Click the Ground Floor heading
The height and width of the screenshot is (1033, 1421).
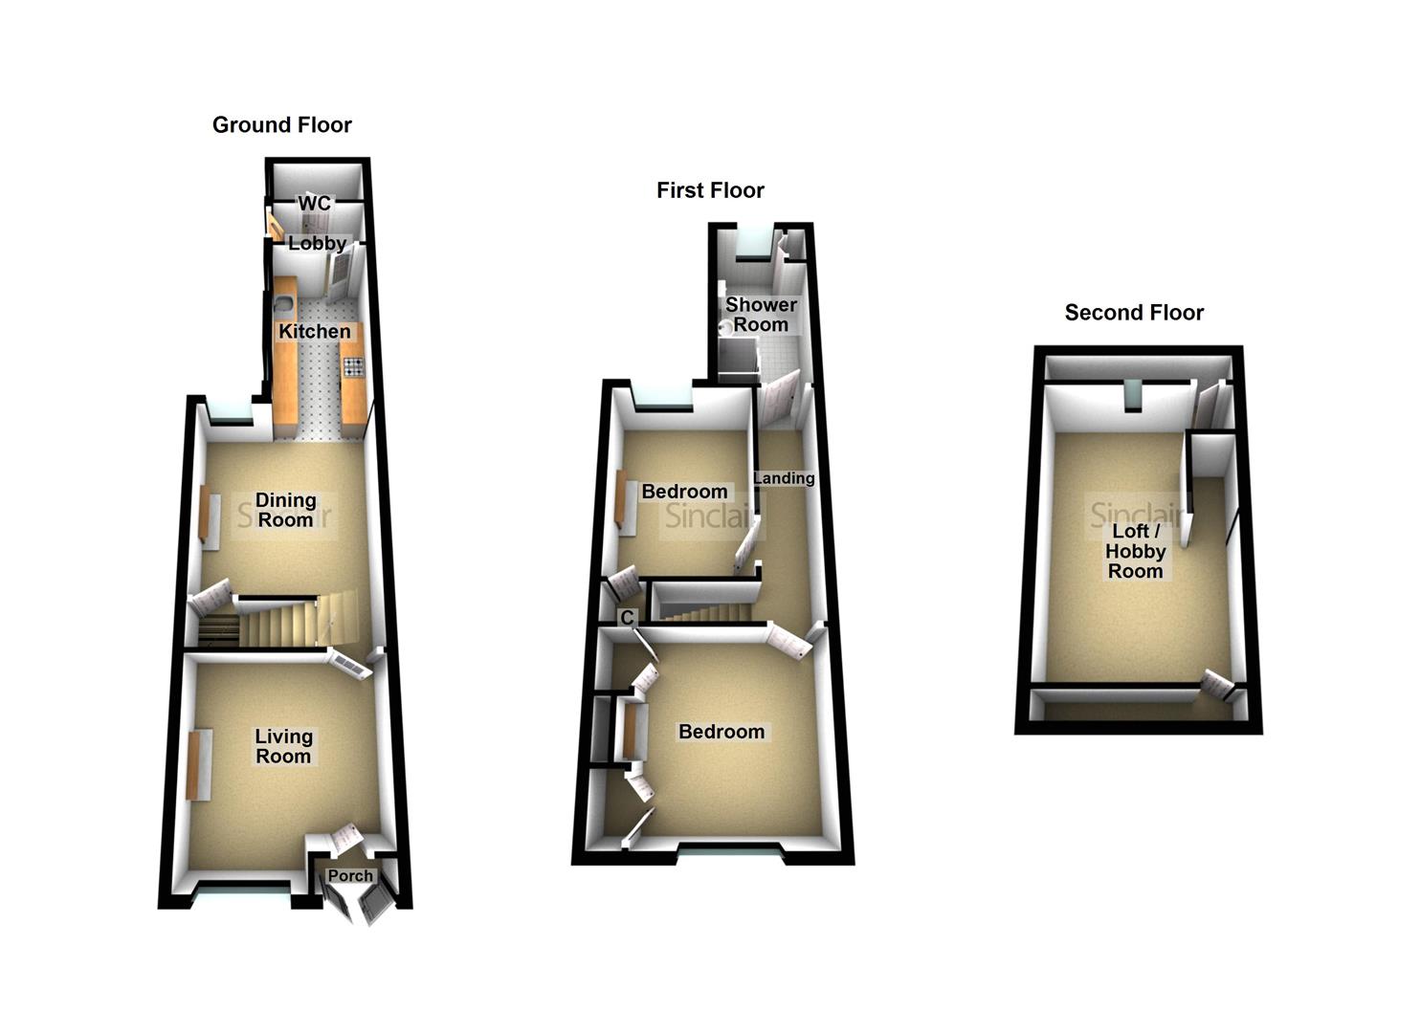(281, 125)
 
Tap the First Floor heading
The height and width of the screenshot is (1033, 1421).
(710, 190)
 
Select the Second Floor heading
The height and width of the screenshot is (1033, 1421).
(1134, 313)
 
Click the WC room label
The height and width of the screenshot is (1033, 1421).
(314, 204)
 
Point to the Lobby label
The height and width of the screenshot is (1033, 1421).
(317, 244)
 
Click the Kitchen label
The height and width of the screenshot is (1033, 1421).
(314, 332)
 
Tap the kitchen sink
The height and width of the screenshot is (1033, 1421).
(285, 305)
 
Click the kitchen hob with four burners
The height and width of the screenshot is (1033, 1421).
(353, 366)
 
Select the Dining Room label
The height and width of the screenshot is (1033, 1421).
(285, 510)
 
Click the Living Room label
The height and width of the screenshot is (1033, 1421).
(283, 746)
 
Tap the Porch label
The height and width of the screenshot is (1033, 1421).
(350, 875)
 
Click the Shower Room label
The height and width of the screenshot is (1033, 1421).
(761, 315)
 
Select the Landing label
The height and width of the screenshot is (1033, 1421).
(784, 478)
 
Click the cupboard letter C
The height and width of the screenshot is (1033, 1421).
(627, 618)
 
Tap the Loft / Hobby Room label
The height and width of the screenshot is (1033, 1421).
(1135, 551)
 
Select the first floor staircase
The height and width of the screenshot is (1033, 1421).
(703, 605)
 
